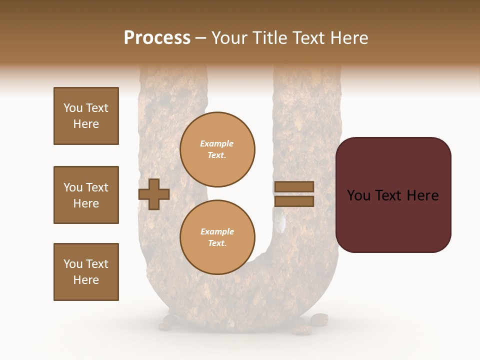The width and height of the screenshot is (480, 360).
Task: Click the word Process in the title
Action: click(x=157, y=38)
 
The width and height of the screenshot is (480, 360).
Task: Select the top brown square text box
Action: click(x=86, y=116)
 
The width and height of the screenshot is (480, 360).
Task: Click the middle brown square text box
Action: click(x=86, y=195)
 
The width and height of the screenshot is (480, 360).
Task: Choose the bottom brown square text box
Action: click(x=86, y=272)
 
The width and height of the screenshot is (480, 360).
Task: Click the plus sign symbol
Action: click(x=154, y=194)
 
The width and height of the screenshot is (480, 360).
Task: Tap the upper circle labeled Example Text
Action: click(x=217, y=149)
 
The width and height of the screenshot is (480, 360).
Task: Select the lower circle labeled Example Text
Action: click(x=217, y=237)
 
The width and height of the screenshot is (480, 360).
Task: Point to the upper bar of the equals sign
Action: click(x=294, y=186)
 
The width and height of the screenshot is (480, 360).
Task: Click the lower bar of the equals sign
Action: click(x=294, y=201)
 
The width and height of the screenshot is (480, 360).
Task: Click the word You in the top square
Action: click(x=73, y=108)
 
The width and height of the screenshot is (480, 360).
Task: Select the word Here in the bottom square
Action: click(x=86, y=280)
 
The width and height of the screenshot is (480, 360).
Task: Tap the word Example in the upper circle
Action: click(x=217, y=144)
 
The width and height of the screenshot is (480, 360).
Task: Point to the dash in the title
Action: click(x=201, y=38)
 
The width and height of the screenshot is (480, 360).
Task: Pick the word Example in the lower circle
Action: click(x=217, y=232)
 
